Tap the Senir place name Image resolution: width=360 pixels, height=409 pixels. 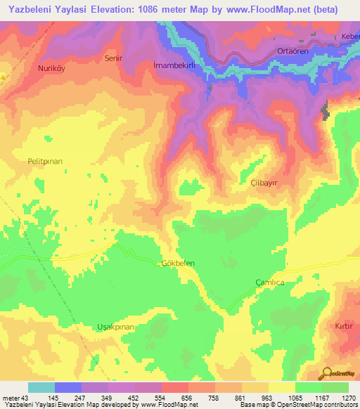(112, 58)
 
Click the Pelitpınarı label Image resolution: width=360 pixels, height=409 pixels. (45, 161)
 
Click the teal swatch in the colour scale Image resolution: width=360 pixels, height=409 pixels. (41, 387)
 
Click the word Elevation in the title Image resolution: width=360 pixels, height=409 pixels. (127, 10)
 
